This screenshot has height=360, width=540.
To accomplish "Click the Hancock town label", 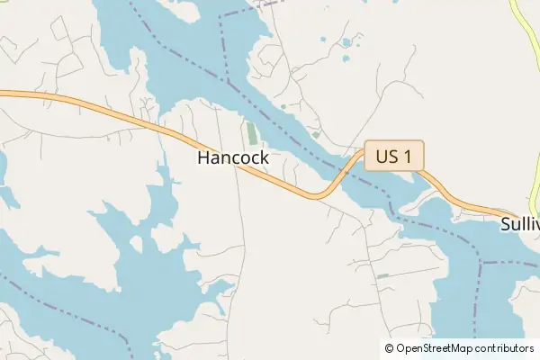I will (x=232, y=157).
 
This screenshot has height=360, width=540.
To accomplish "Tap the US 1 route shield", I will (x=393, y=157).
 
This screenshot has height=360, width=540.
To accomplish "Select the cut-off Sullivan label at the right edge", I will (x=519, y=224).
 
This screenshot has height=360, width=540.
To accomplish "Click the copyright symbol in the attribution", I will (x=389, y=348).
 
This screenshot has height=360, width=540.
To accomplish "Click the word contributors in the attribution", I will (x=505, y=348).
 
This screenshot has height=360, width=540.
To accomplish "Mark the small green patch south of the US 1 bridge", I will (x=382, y=275).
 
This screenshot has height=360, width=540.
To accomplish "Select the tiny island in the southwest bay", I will (x=136, y=244).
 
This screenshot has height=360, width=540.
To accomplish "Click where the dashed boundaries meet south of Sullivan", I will (x=482, y=263).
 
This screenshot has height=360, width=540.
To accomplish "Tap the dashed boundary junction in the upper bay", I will (x=229, y=83).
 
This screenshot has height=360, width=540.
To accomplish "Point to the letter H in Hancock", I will (x=202, y=157).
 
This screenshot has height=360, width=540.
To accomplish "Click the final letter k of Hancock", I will (x=264, y=157).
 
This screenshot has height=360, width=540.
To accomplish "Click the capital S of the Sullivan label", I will (x=507, y=224).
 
